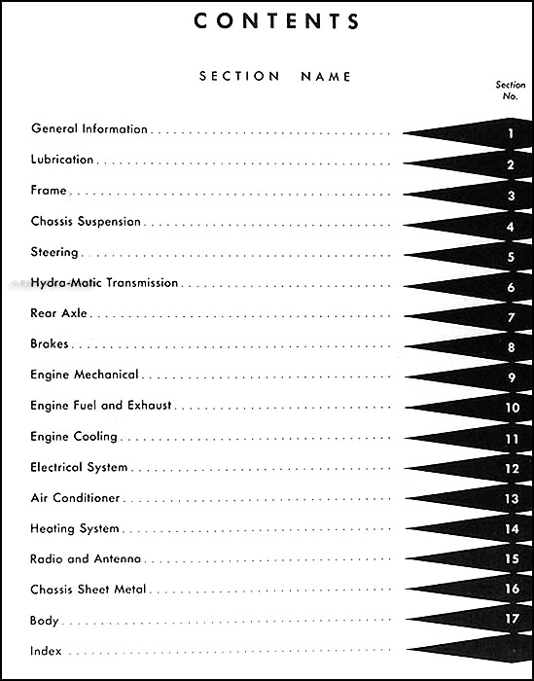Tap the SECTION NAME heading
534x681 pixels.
(x=275, y=76)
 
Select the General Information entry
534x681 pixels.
(x=89, y=129)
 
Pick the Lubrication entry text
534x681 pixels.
(x=62, y=160)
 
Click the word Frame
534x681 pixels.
(x=49, y=191)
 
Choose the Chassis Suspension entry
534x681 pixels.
(x=86, y=222)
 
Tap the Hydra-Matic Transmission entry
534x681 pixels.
(x=105, y=283)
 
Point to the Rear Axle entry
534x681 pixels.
(x=60, y=314)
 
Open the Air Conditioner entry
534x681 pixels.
(x=75, y=498)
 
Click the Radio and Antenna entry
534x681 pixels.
(x=86, y=559)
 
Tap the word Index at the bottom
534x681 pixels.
(x=47, y=651)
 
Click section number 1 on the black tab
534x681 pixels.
(x=511, y=132)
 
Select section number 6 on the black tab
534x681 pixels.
(x=511, y=287)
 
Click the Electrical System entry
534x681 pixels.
(x=80, y=468)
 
